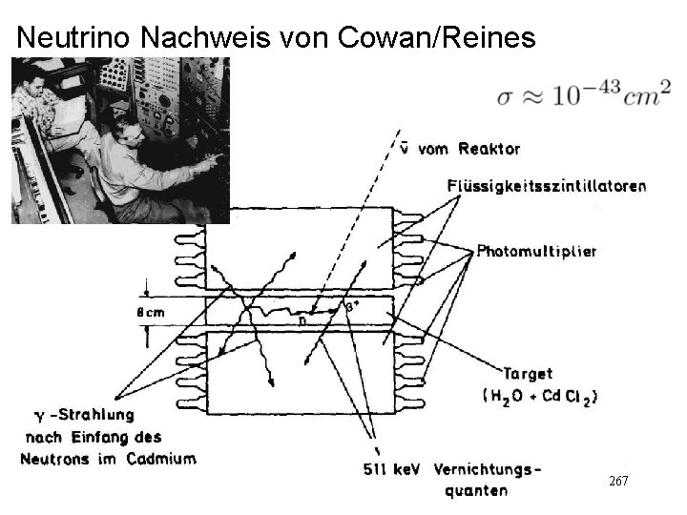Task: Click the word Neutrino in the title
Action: coord(74,37)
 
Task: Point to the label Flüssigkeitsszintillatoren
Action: coord(546,186)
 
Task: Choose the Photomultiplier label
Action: coord(536,252)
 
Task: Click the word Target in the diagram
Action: coord(526,375)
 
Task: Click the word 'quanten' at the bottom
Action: coord(475,491)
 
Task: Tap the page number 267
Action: coord(617,482)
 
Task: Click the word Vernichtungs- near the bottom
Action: coord(492,469)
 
